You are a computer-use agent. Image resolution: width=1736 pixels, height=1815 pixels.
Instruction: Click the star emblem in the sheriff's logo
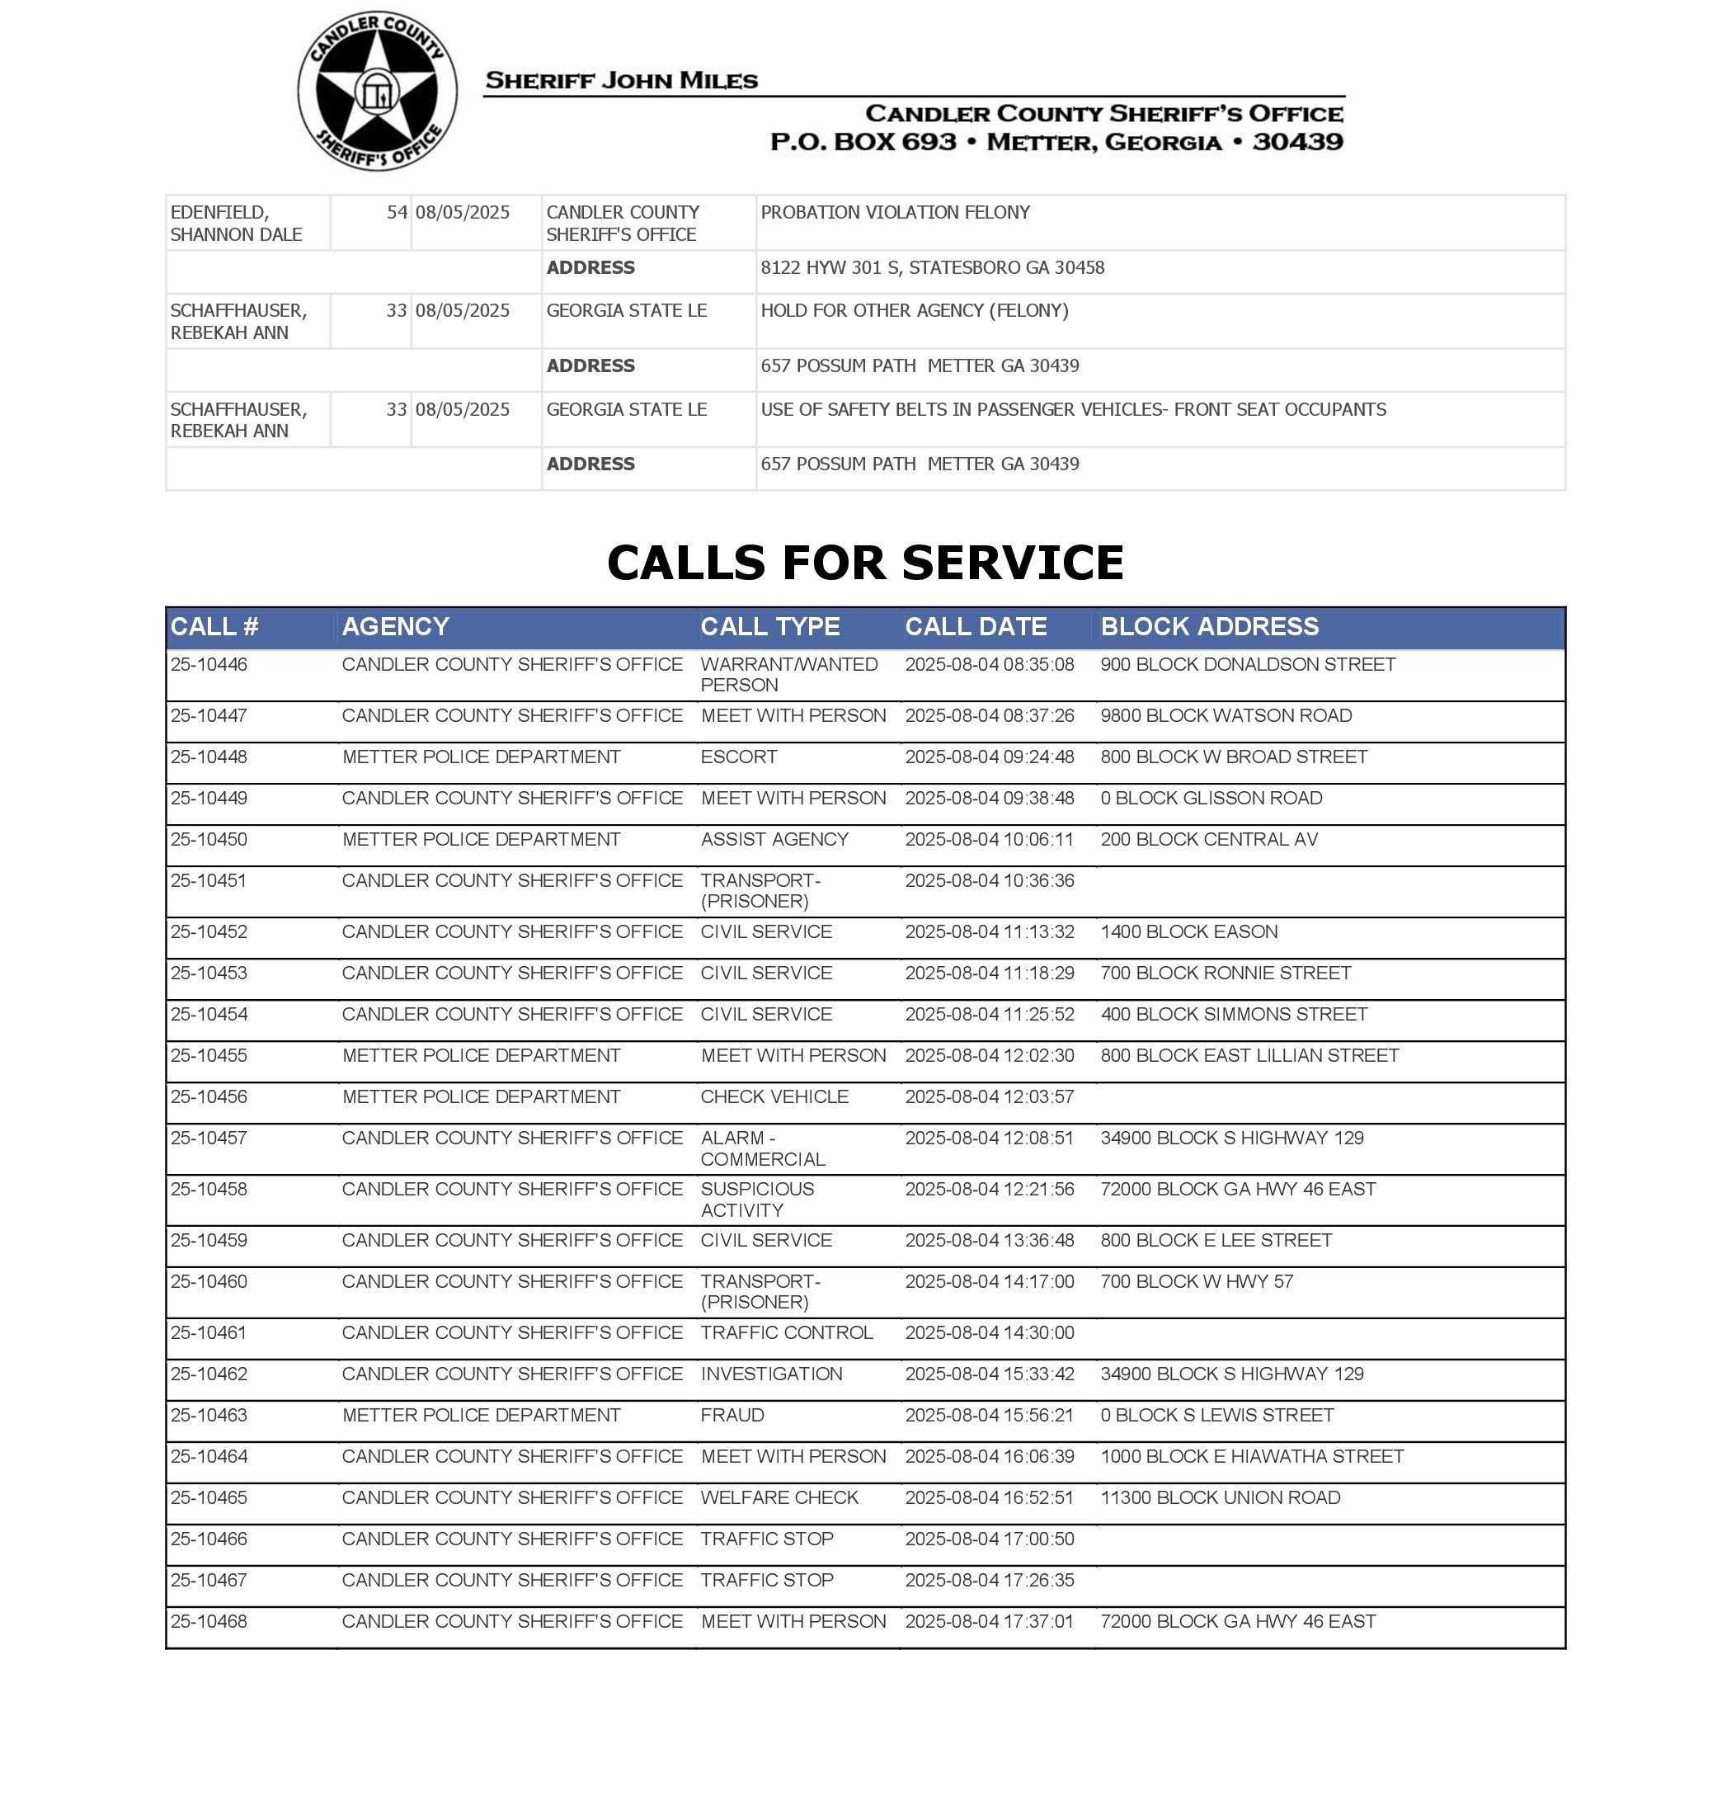[377, 91]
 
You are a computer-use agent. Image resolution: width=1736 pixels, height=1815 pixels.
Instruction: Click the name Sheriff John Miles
[621, 81]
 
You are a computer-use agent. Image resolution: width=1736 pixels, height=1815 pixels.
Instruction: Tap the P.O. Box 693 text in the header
[863, 142]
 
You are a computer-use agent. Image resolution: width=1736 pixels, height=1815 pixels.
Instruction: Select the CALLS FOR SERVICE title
[864, 562]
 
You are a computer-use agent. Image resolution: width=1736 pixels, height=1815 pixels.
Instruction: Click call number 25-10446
[209, 665]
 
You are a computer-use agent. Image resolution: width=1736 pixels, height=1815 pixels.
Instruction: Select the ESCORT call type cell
[738, 757]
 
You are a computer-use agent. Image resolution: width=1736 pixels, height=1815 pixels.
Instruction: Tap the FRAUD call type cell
[732, 1415]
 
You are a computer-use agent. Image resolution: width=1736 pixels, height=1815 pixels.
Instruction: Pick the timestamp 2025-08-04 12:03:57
[988, 1096]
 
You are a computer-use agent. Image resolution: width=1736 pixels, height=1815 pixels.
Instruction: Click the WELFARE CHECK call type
[779, 1497]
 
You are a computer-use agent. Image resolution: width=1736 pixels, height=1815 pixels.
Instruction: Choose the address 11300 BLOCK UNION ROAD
[1220, 1497]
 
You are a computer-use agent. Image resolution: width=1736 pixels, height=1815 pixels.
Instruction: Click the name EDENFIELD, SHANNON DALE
[236, 223]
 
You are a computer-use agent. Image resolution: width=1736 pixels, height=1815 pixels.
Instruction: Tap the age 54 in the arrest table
[396, 213]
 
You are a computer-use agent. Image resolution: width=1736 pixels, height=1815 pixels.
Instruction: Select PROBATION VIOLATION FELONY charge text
[894, 213]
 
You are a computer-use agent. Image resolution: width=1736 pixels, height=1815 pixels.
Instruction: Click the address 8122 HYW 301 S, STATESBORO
[932, 268]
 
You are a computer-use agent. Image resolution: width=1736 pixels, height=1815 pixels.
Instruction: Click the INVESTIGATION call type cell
[771, 1374]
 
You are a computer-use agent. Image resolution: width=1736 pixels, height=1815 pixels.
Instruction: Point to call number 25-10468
[209, 1622]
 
